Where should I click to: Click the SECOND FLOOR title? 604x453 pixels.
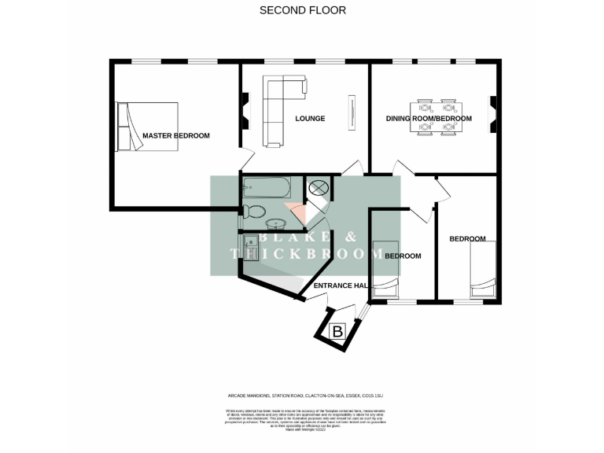pos(302,10)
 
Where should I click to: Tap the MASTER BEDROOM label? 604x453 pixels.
pos(175,136)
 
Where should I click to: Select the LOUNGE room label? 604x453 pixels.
pos(310,119)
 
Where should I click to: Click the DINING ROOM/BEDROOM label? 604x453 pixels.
pos(429,119)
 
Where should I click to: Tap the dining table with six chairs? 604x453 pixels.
pos(436,118)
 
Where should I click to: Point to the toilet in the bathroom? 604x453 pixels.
pos(253,211)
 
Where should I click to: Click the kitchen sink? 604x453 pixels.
pos(252,246)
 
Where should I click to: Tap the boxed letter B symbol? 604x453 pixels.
pos(337,331)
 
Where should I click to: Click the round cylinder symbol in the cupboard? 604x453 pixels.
pos(319,188)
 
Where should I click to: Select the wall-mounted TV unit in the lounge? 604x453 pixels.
pos(352,112)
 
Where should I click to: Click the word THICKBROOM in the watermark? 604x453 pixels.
pos(302,253)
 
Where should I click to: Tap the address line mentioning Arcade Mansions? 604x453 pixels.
pos(302,396)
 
